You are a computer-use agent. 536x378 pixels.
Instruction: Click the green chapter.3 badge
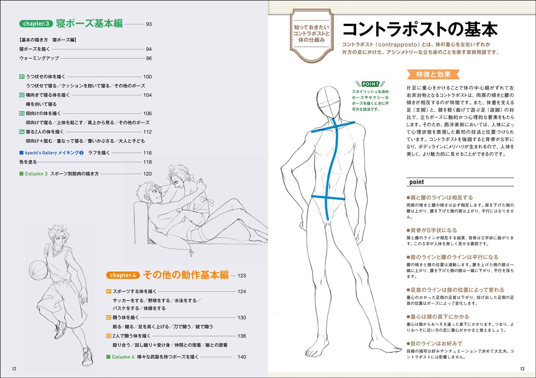click(36, 24)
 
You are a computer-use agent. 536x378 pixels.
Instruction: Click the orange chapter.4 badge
click(123, 275)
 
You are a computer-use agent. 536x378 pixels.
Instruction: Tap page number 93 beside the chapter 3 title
click(149, 24)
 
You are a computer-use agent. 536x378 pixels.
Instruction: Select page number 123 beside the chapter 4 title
click(242, 276)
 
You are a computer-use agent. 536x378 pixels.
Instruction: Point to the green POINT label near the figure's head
click(370, 84)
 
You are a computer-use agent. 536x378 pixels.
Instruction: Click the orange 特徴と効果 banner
click(433, 74)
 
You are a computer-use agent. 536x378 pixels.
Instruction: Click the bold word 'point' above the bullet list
click(416, 182)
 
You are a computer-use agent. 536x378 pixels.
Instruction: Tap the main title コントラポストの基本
click(419, 30)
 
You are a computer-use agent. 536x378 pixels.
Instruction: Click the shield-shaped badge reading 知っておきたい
click(311, 34)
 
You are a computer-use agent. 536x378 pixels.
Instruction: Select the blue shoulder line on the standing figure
click(333, 127)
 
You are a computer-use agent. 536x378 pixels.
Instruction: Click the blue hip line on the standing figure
click(328, 197)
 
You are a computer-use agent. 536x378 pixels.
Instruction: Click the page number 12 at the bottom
click(14, 369)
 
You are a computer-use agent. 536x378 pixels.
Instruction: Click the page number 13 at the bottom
click(522, 369)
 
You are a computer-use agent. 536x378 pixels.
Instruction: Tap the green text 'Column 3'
click(36, 174)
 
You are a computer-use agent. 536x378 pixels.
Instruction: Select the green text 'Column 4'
click(123, 357)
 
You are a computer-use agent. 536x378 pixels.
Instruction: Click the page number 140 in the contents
click(242, 357)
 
